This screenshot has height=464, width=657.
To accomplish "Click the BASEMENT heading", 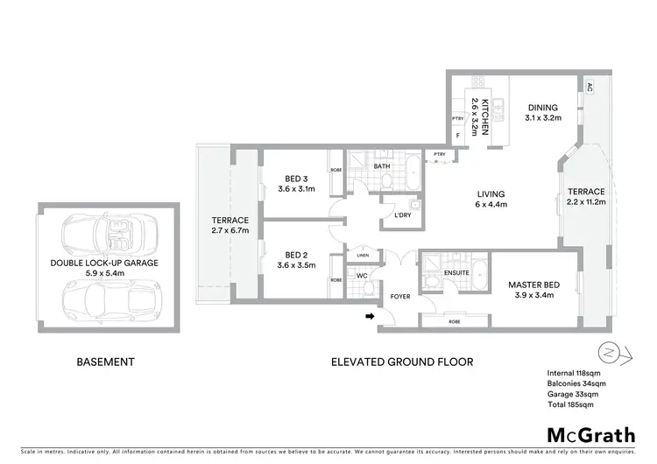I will tap(105, 361).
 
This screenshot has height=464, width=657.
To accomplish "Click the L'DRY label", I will tap(403, 215).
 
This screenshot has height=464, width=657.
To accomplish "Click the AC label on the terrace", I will tap(589, 87).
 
